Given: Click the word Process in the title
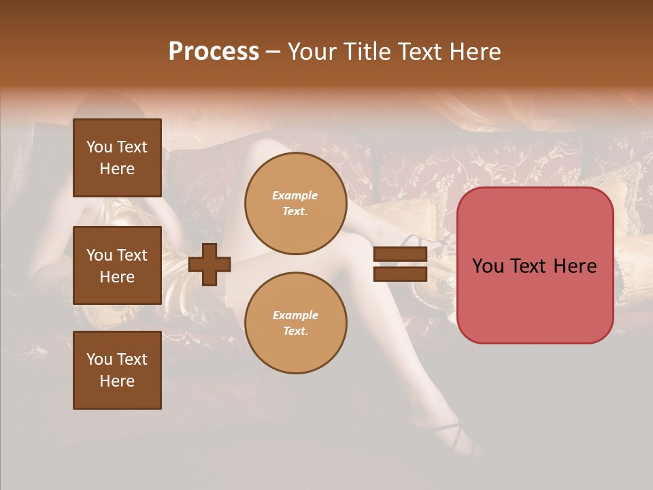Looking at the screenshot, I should coord(214,52).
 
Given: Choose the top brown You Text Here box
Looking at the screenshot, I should coord(117,158).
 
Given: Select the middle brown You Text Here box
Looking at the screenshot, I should coord(117,265).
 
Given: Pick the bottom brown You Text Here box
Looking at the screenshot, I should coord(117,370).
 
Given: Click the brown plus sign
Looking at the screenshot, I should coord(210,264).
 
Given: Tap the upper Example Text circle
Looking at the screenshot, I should coord(295,203).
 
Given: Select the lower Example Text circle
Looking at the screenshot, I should coord(295,323).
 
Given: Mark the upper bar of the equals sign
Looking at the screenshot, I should coord(400,255).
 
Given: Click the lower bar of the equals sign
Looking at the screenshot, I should coord(400,274).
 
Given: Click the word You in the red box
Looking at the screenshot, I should coord(488,266).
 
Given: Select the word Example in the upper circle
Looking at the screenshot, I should coord(295,195).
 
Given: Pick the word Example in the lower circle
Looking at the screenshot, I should coord(295,315).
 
